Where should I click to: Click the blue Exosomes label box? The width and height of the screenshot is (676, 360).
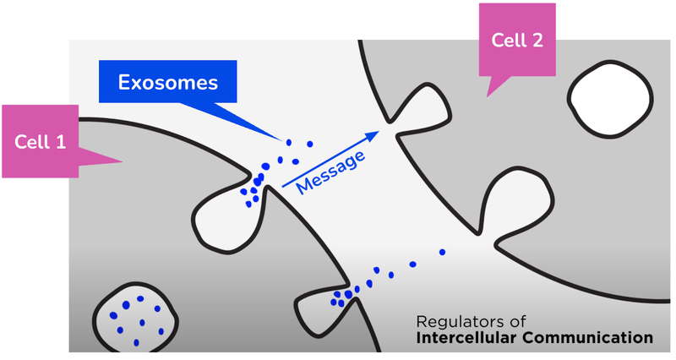(167, 81)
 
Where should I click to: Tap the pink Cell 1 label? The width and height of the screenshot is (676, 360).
(40, 141)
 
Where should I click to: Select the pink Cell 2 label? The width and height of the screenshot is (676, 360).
(517, 40)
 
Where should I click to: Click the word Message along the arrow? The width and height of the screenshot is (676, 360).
(331, 172)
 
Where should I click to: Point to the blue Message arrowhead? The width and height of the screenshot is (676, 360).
(372, 136)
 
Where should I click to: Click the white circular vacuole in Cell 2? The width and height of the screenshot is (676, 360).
(610, 99)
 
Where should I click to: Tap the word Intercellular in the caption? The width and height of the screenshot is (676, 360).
(467, 337)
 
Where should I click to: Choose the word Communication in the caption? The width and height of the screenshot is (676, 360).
(588, 337)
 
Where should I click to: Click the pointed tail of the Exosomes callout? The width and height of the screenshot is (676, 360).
(282, 140)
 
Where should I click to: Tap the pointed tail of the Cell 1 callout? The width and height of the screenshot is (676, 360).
(122, 161)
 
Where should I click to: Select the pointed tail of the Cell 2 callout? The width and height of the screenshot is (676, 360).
(488, 96)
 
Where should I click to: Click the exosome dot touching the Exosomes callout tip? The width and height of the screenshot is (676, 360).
(289, 142)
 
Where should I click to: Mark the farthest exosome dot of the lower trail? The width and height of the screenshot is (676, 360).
(442, 252)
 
